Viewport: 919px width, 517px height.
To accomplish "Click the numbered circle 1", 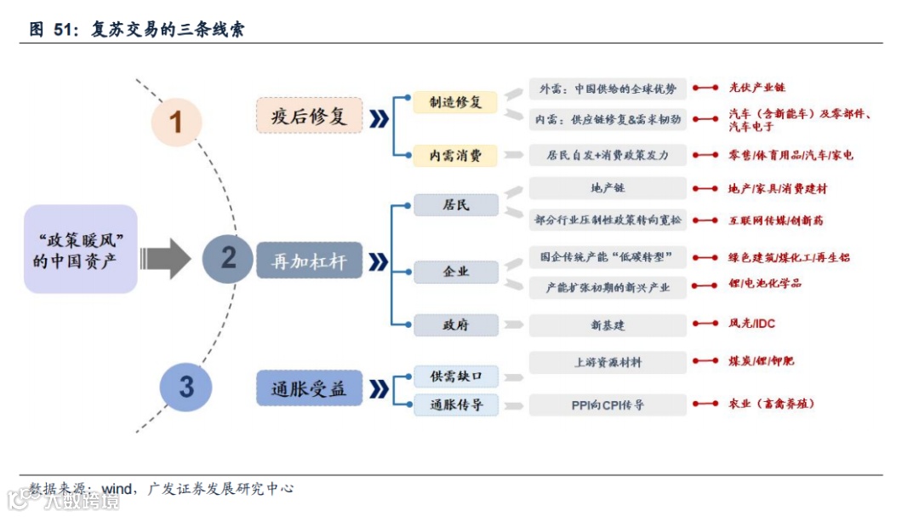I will point(176,122).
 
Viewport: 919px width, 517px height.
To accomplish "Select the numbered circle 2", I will point(228,257).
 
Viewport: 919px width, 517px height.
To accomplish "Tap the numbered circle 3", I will point(186,387).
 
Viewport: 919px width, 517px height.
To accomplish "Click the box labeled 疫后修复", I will point(309,116).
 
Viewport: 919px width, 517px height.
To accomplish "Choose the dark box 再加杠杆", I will point(309,261).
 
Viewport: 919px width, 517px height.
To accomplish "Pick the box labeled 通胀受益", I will point(309,388).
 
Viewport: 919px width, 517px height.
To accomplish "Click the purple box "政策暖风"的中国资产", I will point(81,250).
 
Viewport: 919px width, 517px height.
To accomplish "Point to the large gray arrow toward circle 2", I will point(166,258).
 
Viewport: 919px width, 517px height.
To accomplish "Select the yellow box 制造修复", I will point(455,102).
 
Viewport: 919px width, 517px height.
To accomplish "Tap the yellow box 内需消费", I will point(455,155).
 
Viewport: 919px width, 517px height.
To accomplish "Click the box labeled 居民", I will point(455,205).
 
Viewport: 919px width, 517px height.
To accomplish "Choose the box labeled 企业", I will point(455,272).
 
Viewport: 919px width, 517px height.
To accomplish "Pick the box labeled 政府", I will point(455,325).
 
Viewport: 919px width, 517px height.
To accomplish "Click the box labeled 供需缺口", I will point(455,376).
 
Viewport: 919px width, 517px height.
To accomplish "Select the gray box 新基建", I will point(608,325).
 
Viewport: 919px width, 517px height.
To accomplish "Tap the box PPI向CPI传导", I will point(608,405).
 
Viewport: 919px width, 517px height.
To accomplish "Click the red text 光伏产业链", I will point(757,87).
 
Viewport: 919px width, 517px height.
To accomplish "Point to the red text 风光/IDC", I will point(751,324).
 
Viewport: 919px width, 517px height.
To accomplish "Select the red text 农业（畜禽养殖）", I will point(771,404).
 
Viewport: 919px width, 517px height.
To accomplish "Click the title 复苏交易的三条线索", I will point(168,30).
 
